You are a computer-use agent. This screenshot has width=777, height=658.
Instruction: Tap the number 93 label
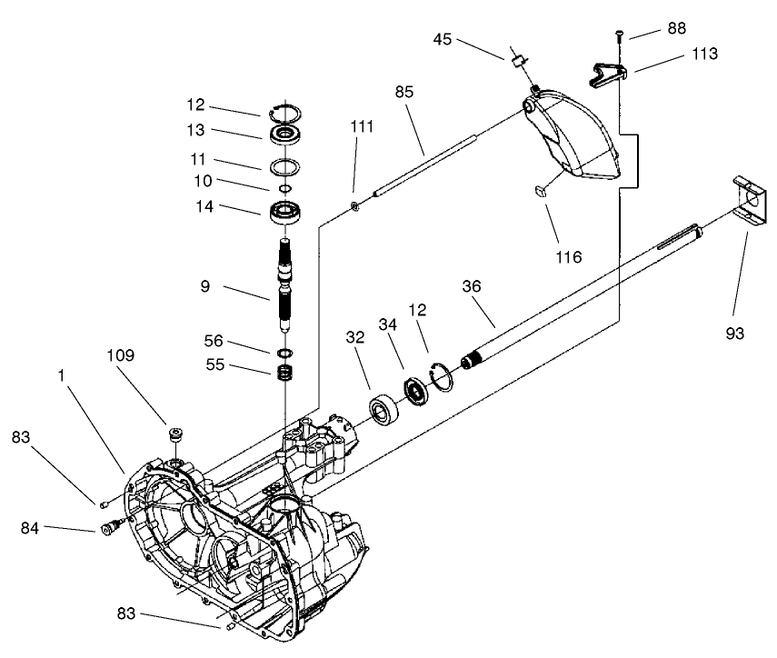734,334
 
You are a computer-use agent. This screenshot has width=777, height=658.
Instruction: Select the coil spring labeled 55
287,373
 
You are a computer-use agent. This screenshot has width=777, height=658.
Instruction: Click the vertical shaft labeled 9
286,282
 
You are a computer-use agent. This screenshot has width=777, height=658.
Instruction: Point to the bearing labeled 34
416,391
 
